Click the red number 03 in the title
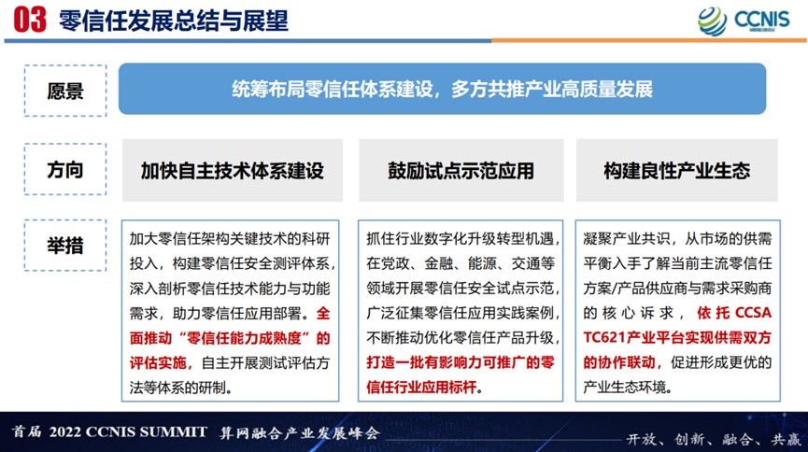click(x=30, y=21)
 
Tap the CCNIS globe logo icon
click(x=712, y=21)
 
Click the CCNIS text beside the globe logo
click(x=761, y=19)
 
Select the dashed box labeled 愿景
click(x=65, y=91)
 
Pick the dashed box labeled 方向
click(x=65, y=169)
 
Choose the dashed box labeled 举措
click(x=65, y=246)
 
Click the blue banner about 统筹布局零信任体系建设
click(x=442, y=89)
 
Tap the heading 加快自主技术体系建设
click(x=233, y=171)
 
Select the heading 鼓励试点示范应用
click(x=461, y=171)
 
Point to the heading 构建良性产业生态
click(x=676, y=171)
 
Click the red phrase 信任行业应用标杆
click(x=421, y=387)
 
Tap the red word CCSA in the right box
click(x=753, y=313)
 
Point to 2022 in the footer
click(x=65, y=431)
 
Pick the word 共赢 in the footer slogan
click(x=786, y=439)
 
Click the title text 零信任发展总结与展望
click(x=174, y=21)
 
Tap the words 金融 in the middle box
click(x=439, y=263)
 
